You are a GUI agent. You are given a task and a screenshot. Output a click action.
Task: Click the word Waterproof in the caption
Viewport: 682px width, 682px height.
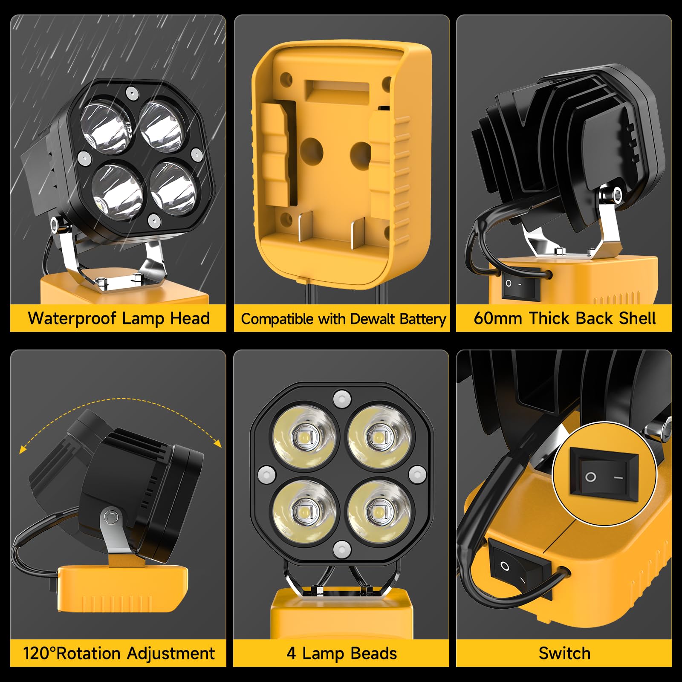pyautogui.click(x=72, y=318)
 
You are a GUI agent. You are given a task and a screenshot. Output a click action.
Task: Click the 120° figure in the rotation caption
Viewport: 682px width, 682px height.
pyautogui.click(x=39, y=653)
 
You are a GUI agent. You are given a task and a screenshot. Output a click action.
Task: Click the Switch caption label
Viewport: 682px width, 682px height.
pyautogui.click(x=564, y=653)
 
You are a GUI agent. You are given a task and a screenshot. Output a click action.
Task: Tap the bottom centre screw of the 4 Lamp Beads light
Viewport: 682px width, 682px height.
pyautogui.click(x=342, y=549)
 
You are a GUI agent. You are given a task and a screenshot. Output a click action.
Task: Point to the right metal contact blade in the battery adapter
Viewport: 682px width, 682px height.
pyautogui.click(x=357, y=232)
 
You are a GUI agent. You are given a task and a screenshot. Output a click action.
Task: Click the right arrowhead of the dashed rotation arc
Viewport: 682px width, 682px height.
pyautogui.click(x=218, y=444)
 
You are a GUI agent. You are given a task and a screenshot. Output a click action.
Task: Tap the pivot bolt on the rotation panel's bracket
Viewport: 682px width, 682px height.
pyautogui.click(x=110, y=517)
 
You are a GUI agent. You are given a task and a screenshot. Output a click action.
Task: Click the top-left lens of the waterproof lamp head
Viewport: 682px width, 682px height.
pyautogui.click(x=105, y=125)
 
